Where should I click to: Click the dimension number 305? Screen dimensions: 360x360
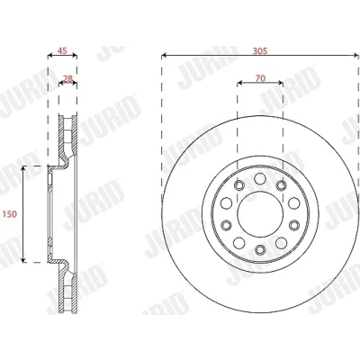(x=260, y=51)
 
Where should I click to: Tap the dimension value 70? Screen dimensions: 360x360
(x=260, y=78)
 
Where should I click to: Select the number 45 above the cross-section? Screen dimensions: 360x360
(x=62, y=50)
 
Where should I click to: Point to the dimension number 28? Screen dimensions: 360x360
(x=68, y=78)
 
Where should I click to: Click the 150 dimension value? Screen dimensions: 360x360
(x=10, y=214)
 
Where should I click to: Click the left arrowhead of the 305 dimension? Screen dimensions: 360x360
(x=164, y=55)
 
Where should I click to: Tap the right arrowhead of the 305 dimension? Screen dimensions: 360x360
(x=356, y=55)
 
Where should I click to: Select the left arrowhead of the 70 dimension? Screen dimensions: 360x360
(x=240, y=83)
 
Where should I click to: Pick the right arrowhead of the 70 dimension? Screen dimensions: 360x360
(x=281, y=83)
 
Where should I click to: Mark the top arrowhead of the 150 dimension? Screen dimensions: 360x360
(x=22, y=169)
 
